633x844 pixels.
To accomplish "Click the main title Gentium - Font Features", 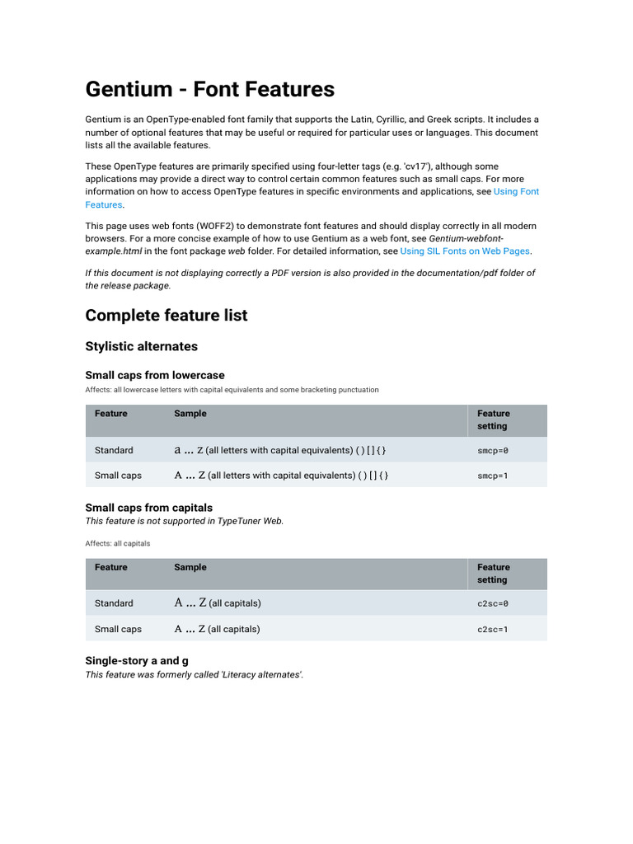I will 210,89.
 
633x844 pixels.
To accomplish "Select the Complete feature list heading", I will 166,316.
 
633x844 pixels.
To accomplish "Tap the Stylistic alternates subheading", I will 142,346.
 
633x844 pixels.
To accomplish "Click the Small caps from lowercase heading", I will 155,375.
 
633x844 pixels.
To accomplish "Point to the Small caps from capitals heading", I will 149,508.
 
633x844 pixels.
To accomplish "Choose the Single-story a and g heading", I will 137,661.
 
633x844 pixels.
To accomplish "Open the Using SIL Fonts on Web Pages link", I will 465,251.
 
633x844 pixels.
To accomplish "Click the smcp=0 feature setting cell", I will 493,451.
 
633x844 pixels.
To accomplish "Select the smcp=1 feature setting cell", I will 493,476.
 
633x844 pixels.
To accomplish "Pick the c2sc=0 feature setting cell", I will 493,603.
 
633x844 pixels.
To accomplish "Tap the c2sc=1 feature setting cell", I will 493,629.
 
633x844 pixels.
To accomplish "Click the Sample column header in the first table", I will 190,414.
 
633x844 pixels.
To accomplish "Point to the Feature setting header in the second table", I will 493,574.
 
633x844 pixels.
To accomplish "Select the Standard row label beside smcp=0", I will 114,451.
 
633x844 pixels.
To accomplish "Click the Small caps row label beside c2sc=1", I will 118,629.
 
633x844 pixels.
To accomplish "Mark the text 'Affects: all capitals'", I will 118,544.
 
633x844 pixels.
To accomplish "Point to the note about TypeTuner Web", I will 185,521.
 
